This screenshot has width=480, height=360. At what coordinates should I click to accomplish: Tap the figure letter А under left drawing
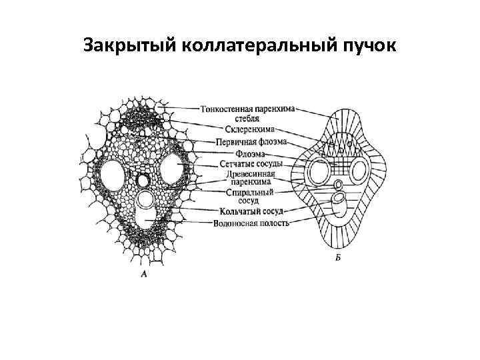coord(144,274)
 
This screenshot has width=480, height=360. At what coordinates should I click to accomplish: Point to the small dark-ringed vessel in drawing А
coord(143,181)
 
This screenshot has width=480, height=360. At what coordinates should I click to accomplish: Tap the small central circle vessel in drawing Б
coord(339,185)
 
